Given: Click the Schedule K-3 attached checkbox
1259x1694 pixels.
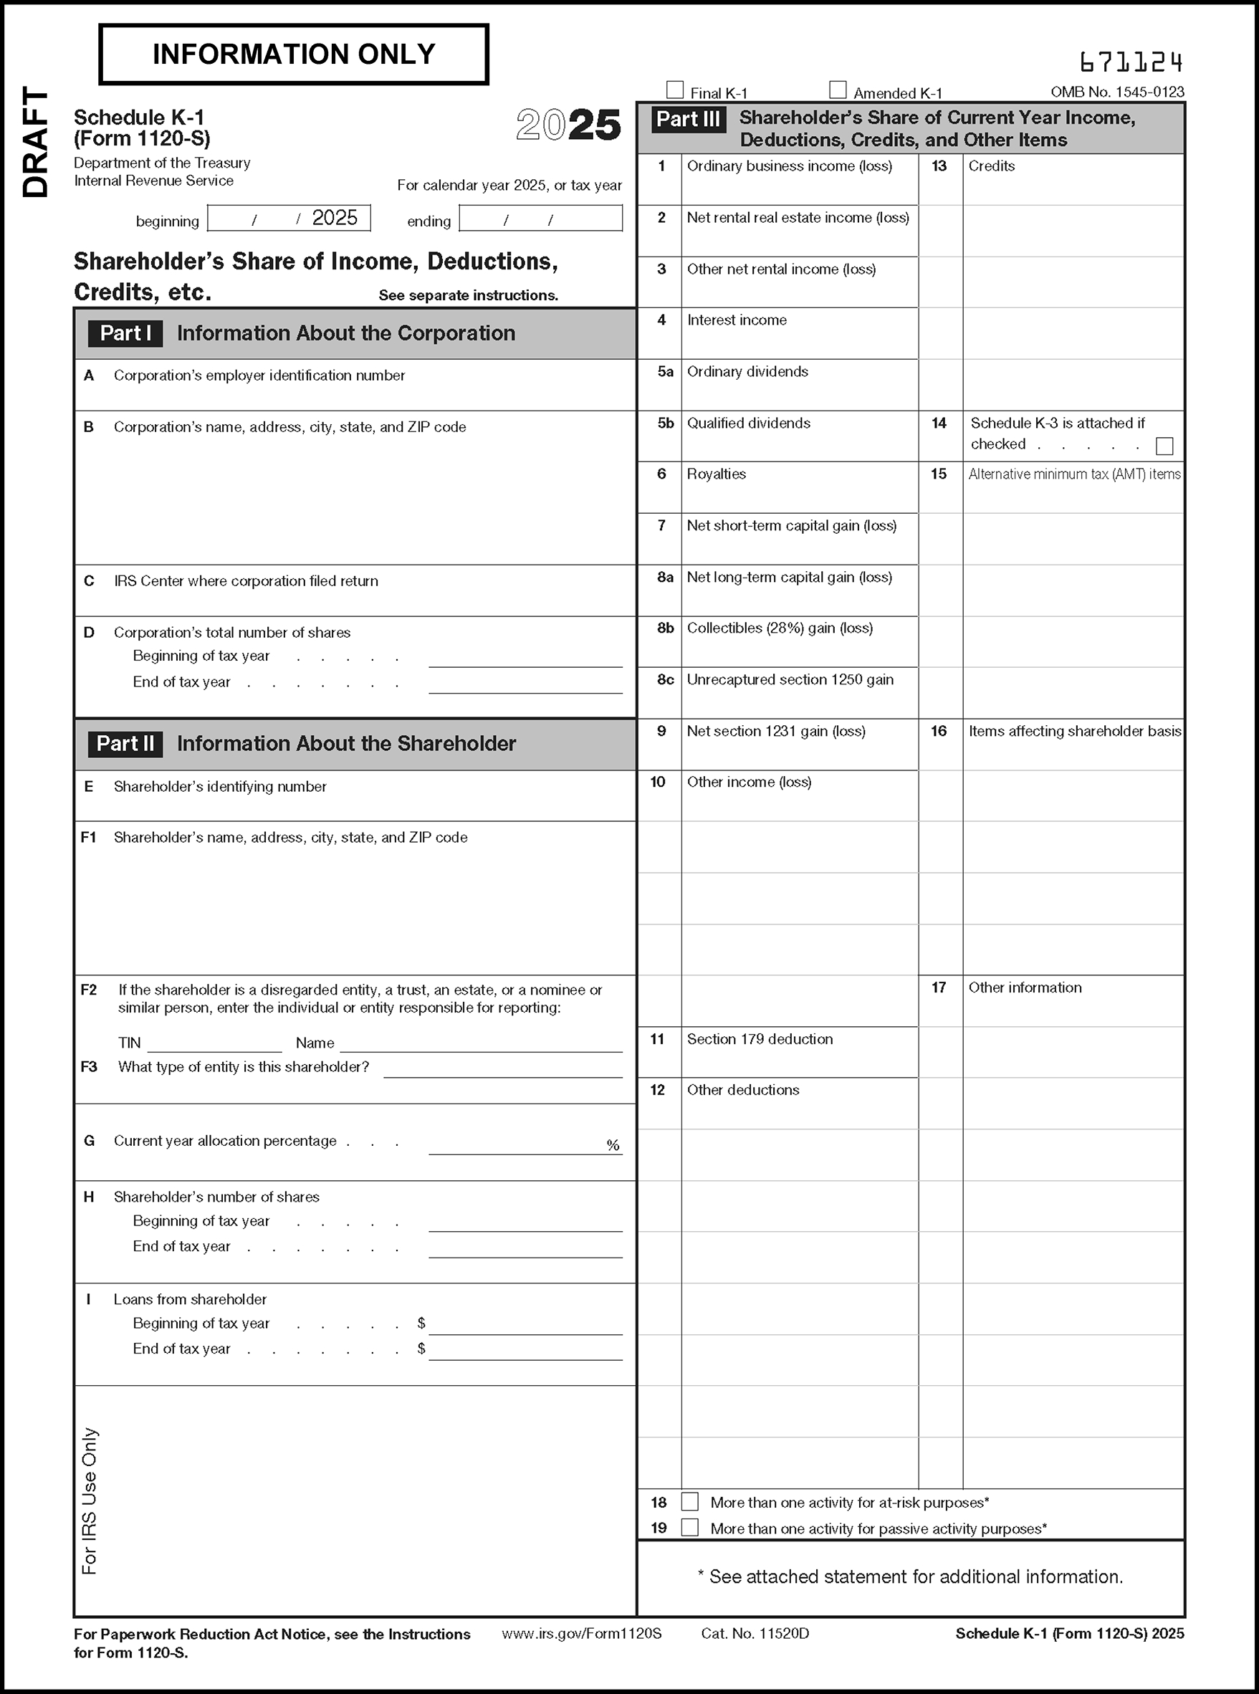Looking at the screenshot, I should coord(1164,446).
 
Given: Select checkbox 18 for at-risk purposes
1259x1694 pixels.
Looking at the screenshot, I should coord(690,1502).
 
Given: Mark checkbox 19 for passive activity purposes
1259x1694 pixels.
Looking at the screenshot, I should coord(690,1527).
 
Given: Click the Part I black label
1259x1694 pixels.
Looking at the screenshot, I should coord(125,334).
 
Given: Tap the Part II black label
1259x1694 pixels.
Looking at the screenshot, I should coord(125,744).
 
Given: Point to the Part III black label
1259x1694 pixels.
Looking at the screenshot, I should coord(688,120).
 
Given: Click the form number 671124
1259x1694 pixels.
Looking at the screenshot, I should coord(1131,62).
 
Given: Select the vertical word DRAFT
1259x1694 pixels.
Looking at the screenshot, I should coord(35,143).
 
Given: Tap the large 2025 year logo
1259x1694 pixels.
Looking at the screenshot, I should coord(568,125).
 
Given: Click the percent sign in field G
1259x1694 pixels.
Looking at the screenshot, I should coord(613,1145).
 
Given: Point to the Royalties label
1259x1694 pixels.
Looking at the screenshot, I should coord(716,474).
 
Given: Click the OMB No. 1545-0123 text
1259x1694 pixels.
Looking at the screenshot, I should coord(1116,92).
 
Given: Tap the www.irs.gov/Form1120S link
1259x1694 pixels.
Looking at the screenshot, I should coord(581,1634).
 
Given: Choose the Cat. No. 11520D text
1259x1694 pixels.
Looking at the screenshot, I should coord(755,1634).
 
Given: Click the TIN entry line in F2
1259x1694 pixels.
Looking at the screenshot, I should coord(214,1044).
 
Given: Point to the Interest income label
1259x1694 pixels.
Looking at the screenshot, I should coord(736,320).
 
